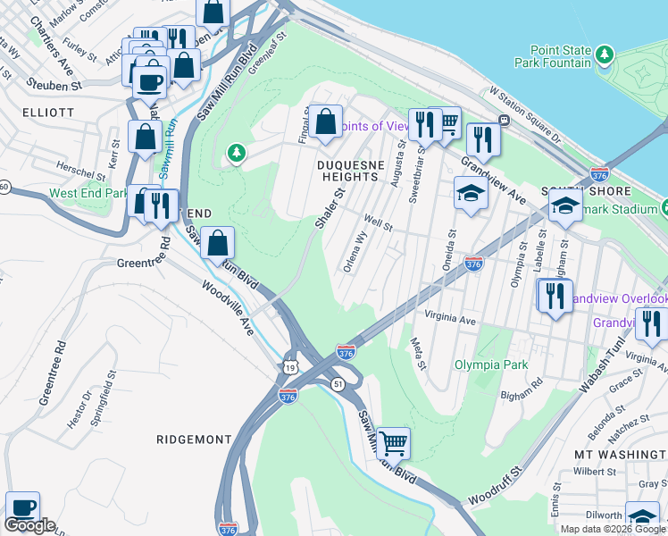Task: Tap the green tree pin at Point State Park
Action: coord(605,56)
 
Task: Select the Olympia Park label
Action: coord(490,364)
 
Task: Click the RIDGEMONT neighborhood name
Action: coord(193,440)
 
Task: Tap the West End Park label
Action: coord(88,193)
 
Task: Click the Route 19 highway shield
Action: coord(288,367)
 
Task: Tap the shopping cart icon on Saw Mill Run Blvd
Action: coord(393,441)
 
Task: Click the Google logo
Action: coord(29,525)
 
